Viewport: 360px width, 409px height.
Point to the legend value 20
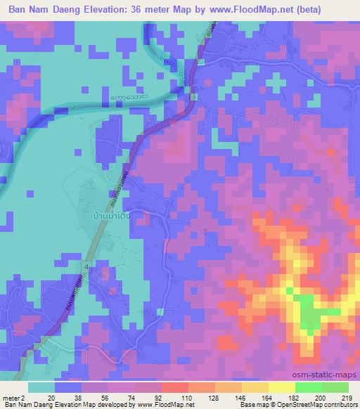pos(51,397)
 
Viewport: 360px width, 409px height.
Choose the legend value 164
pos(267,397)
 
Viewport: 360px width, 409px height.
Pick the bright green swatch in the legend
pos(308,387)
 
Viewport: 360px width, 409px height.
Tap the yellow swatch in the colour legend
pos(281,387)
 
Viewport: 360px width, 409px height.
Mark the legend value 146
pos(242,397)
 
